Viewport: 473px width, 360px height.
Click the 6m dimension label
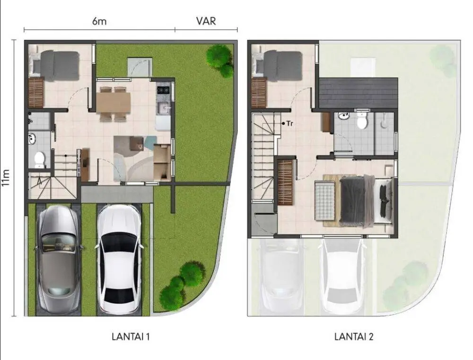99,21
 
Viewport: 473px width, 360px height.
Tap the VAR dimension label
206,21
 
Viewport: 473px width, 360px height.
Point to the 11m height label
6,178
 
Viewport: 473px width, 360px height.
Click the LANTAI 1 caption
131,336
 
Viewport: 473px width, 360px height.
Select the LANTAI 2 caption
354,336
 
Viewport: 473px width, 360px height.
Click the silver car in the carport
59,259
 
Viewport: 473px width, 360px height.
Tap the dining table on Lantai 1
114,102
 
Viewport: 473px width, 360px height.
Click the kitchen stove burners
164,89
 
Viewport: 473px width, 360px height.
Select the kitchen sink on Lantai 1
164,107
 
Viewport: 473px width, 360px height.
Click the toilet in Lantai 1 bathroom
39,159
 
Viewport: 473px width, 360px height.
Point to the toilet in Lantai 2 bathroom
361,121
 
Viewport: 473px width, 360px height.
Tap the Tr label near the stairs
288,123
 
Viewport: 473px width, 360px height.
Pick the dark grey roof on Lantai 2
359,93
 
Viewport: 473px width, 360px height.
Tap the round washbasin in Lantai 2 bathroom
343,116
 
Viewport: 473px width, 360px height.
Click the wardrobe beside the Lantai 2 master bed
285,182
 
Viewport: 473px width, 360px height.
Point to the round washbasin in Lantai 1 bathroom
32,139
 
